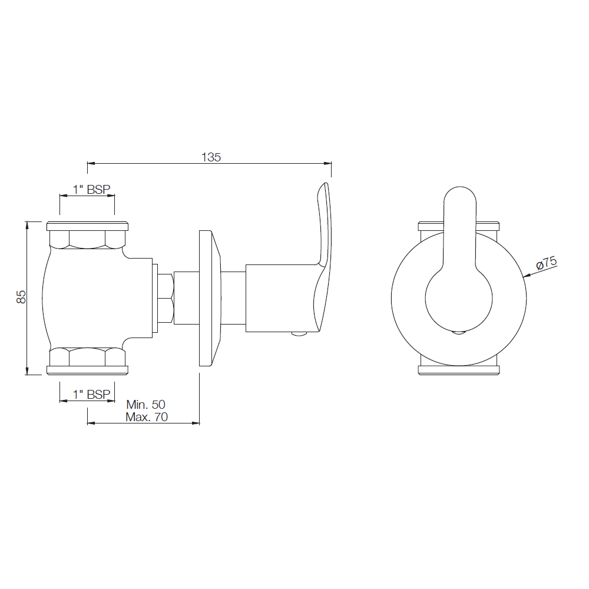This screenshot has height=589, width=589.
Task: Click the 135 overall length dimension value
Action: coord(211,157)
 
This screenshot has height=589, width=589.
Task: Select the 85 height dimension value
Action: coord(21,296)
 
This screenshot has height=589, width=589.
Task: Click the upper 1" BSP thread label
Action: coord(87,190)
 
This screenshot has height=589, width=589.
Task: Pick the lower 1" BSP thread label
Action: coord(87,395)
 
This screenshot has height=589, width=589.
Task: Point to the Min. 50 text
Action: coord(146,405)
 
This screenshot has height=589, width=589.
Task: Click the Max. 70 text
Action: coord(146,417)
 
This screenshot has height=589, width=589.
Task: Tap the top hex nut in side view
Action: coord(87,239)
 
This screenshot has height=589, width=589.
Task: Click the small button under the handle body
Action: coord(299,335)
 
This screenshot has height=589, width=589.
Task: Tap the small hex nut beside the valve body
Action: coord(166,298)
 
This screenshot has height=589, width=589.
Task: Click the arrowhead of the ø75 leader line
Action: coord(524,276)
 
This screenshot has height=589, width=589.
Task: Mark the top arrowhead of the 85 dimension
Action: coord(27,224)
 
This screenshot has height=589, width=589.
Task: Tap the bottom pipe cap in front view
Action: coord(459,370)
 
